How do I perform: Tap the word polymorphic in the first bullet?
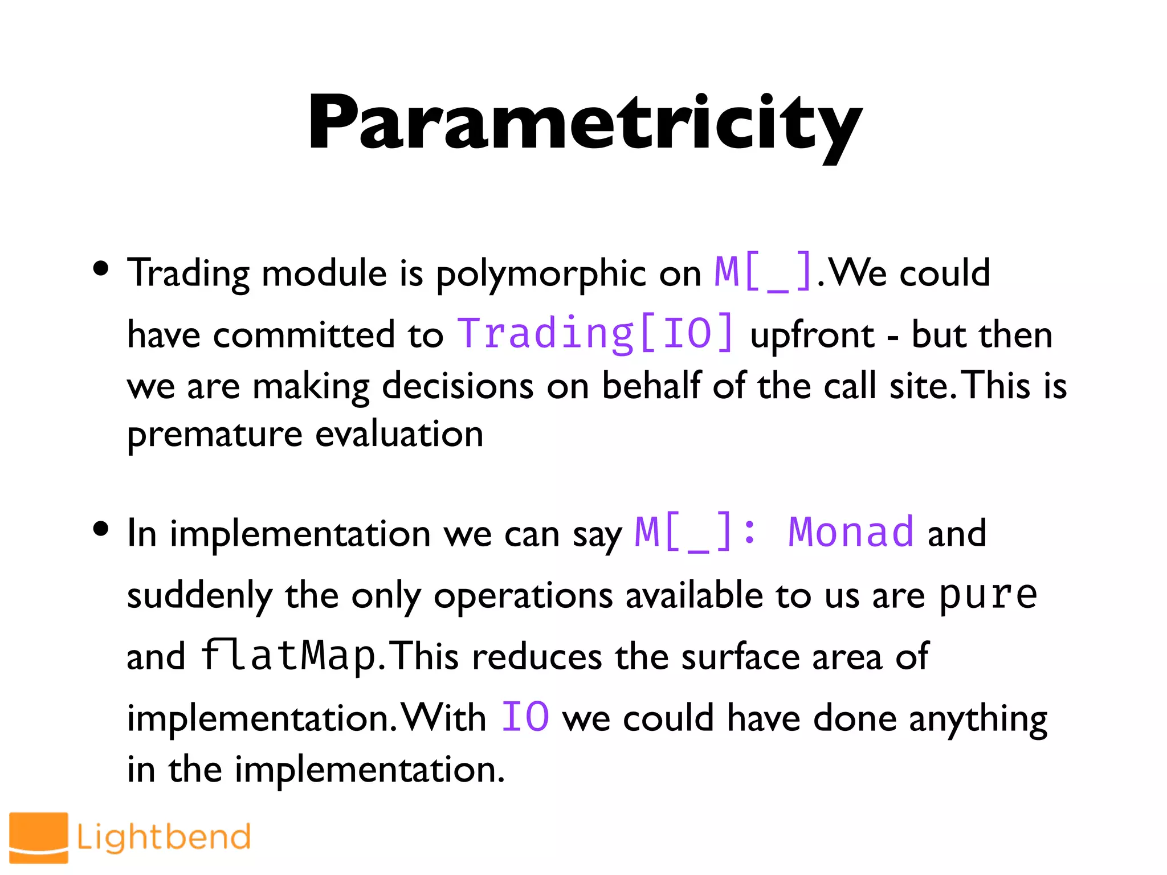click(540, 273)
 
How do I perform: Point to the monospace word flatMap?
click(288, 655)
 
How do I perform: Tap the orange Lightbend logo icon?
click(39, 837)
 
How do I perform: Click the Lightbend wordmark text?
click(164, 837)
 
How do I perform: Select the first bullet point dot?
click(101, 268)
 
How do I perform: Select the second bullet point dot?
click(101, 529)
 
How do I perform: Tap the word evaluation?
click(399, 434)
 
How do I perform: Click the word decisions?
click(458, 386)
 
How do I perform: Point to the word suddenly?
click(199, 596)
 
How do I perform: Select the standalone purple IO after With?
click(525, 717)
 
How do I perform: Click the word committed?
click(304, 335)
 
